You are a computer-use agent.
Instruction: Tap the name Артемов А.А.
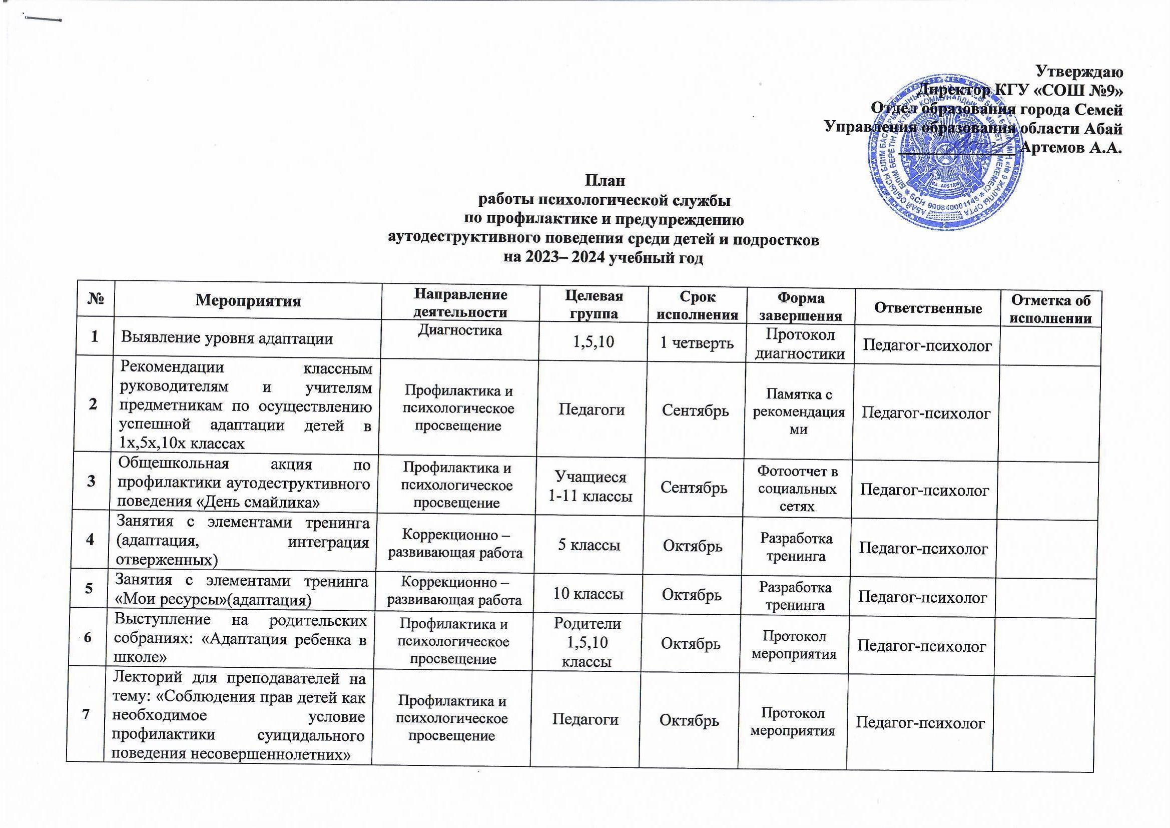1071,148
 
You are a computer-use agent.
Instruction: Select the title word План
605,181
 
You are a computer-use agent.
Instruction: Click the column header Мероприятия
248,300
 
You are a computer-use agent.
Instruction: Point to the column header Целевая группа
594,305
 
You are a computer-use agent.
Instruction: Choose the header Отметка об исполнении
1051,309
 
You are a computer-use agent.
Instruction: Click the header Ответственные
928,307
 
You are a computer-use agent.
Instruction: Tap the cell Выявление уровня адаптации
227,338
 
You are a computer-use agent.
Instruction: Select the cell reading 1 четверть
697,342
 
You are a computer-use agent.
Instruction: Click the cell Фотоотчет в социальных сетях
798,489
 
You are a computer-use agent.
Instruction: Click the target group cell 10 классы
588,594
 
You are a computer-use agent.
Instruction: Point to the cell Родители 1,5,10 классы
587,642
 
